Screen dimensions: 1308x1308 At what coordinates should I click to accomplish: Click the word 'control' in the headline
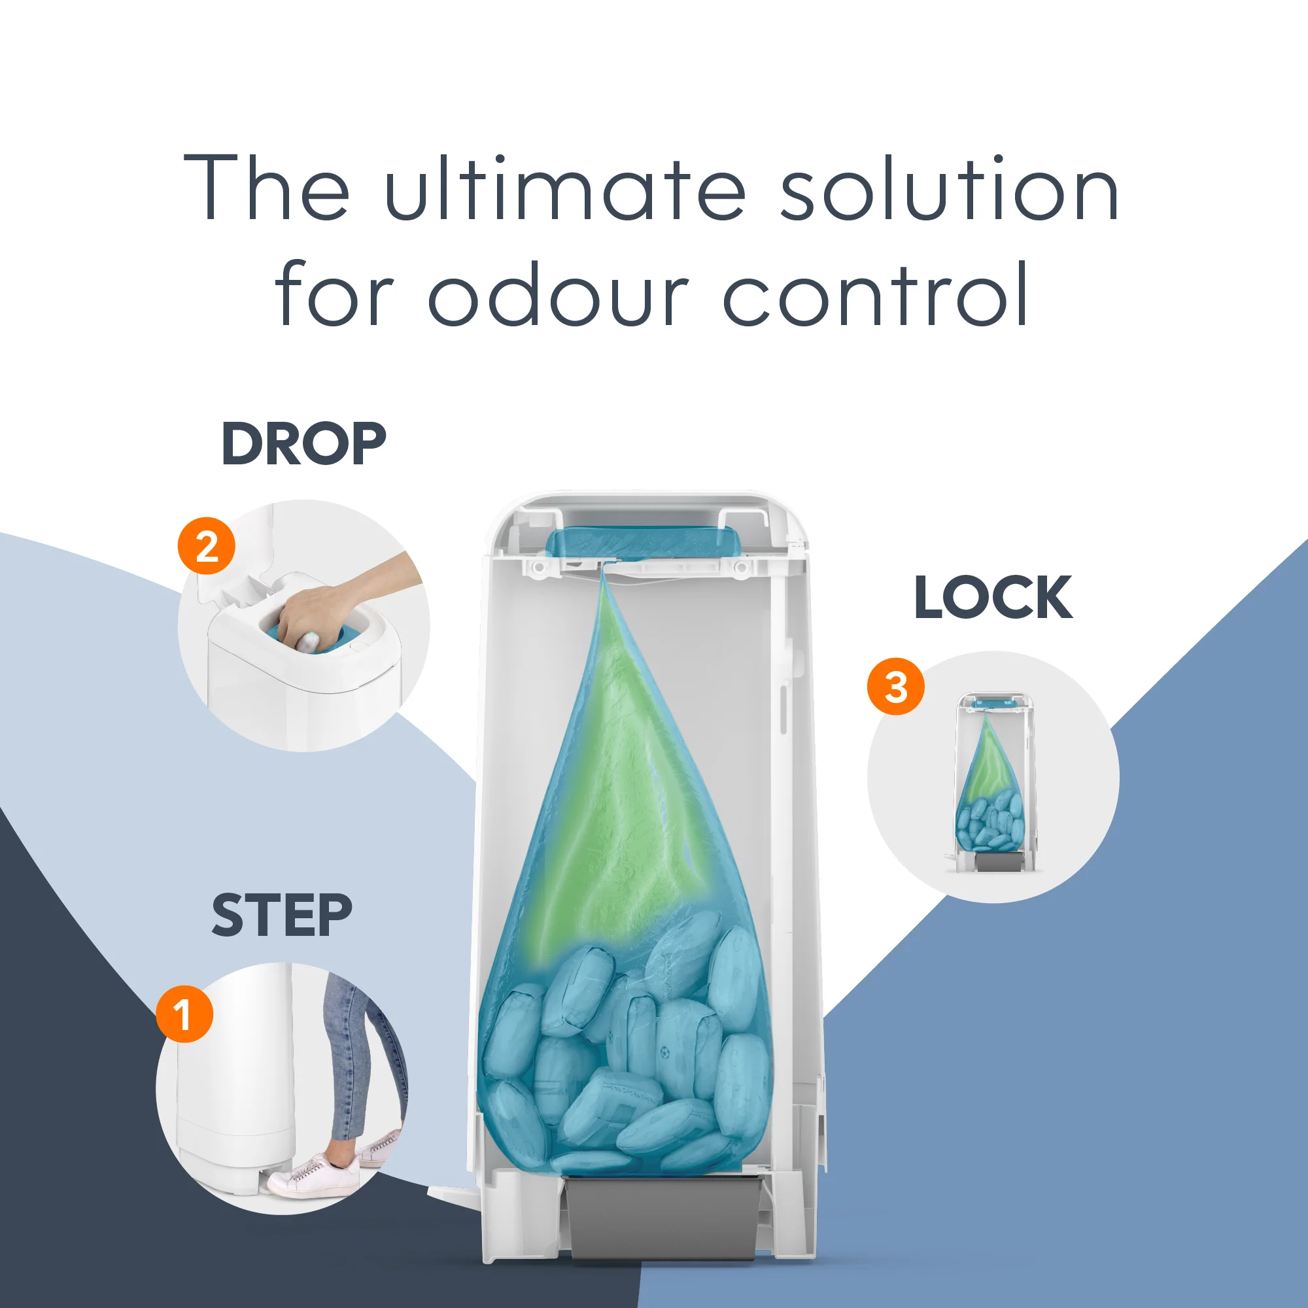[x=876, y=294]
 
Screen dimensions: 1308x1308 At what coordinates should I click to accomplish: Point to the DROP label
[x=304, y=444]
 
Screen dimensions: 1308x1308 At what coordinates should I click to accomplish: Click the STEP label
[x=282, y=916]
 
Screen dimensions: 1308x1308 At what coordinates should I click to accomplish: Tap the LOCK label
[x=993, y=597]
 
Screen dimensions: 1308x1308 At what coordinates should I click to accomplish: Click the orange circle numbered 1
[x=184, y=1014]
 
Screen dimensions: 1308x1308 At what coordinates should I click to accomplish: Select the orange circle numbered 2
[x=207, y=546]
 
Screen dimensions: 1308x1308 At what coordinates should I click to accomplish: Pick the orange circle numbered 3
[x=896, y=687]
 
